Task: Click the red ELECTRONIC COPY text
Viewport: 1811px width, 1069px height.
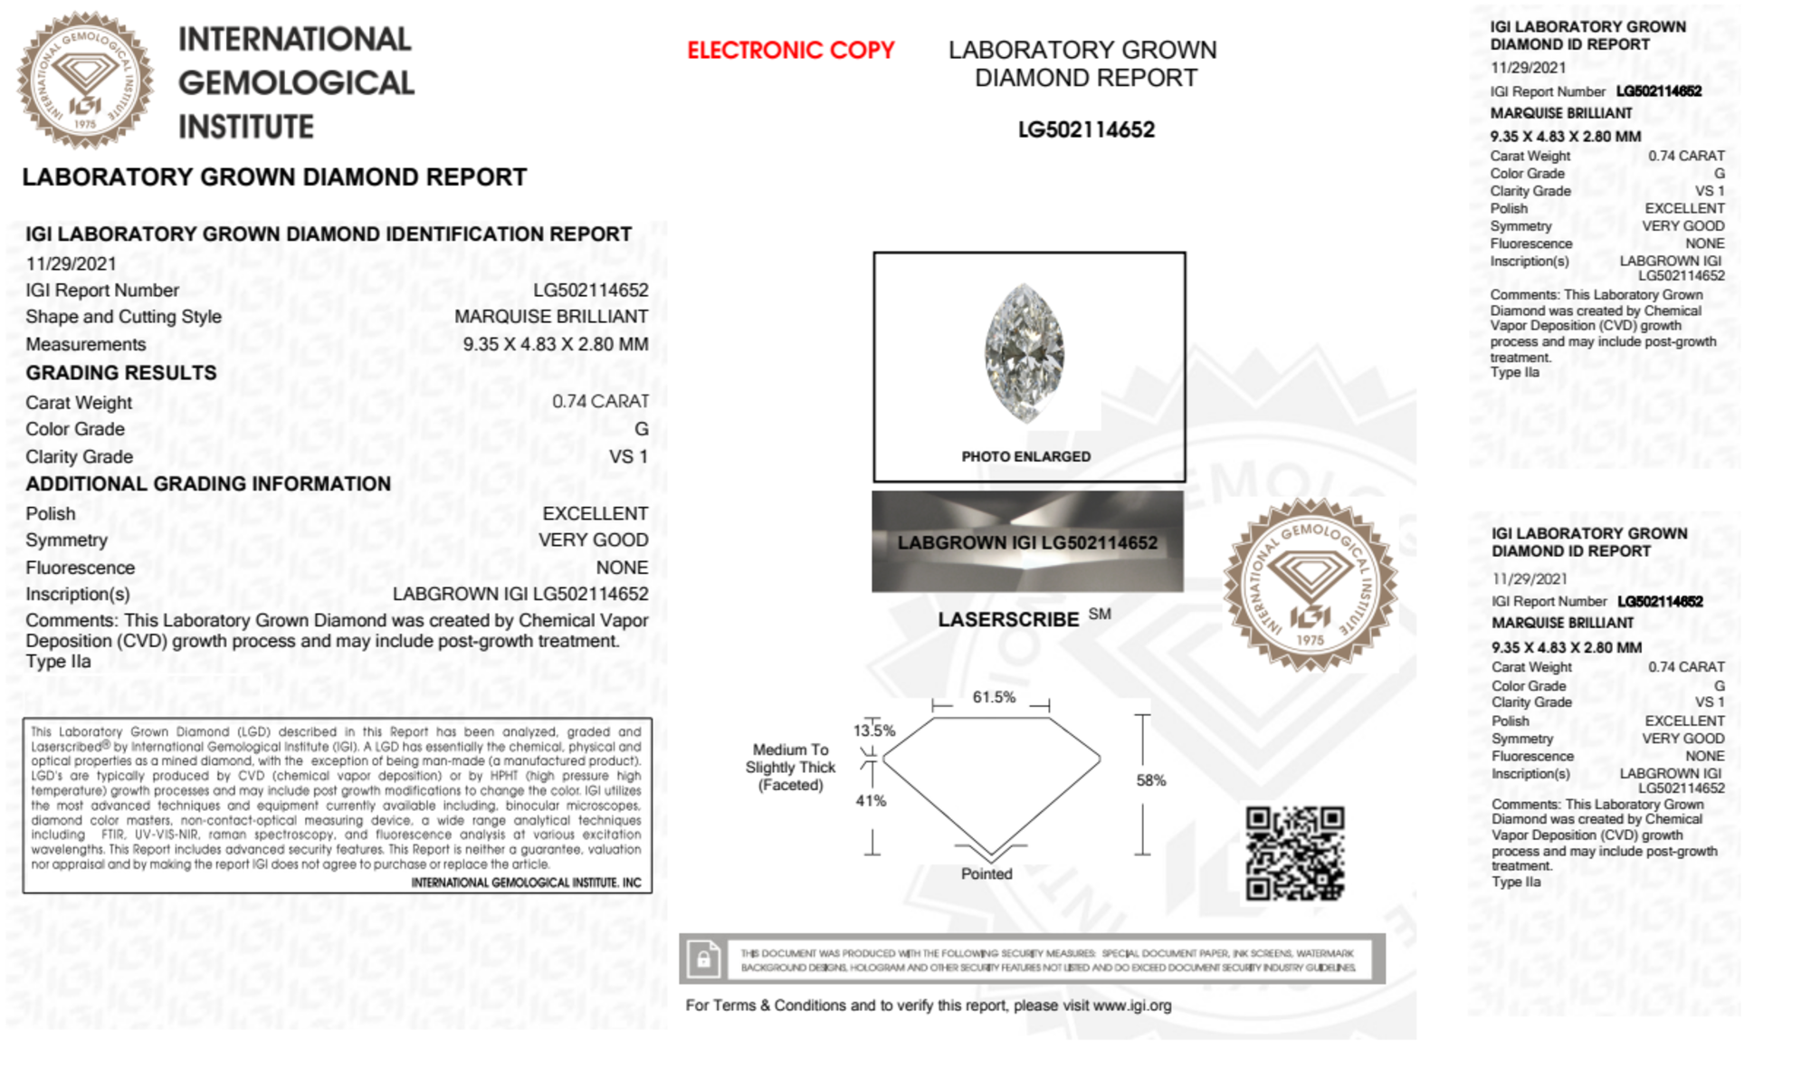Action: point(790,51)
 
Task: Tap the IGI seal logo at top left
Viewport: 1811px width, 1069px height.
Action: point(85,81)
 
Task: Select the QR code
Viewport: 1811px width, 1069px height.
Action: point(1294,854)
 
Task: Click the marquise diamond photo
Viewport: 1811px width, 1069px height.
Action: point(1025,353)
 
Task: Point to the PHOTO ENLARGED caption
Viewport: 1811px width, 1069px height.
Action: point(1025,457)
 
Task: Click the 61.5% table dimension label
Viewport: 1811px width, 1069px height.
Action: point(994,697)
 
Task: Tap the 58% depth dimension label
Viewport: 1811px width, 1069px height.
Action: point(1151,780)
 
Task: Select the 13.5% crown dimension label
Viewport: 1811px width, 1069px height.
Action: point(873,730)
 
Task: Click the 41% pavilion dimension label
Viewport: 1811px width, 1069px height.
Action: point(871,800)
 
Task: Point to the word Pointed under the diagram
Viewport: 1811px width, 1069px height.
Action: point(987,873)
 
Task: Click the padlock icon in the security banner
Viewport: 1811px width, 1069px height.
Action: point(703,959)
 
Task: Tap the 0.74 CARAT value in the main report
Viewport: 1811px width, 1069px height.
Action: point(600,401)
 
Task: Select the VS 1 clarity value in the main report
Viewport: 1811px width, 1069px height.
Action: point(628,457)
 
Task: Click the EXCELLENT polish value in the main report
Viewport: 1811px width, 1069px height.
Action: point(595,513)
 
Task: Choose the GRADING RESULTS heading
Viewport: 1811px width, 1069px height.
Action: point(121,373)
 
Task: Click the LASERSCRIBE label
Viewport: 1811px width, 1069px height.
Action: point(1008,620)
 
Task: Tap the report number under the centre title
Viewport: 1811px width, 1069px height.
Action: point(1086,129)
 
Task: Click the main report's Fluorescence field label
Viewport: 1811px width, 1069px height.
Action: point(80,568)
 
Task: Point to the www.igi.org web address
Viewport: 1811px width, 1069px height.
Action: point(1131,1006)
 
